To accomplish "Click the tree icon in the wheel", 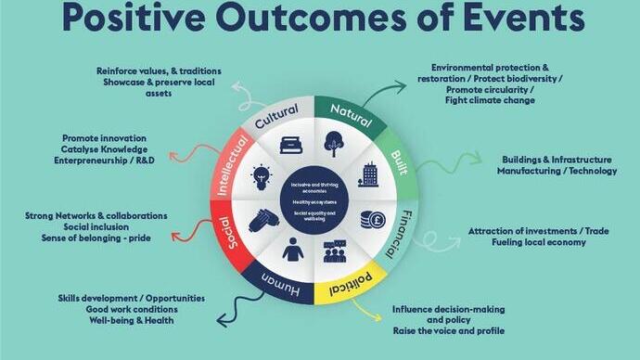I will pyautogui.click(x=334, y=144).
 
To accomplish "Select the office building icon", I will pyautogui.click(x=368, y=174).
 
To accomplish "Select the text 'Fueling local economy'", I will pyautogui.click(x=539, y=242).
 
